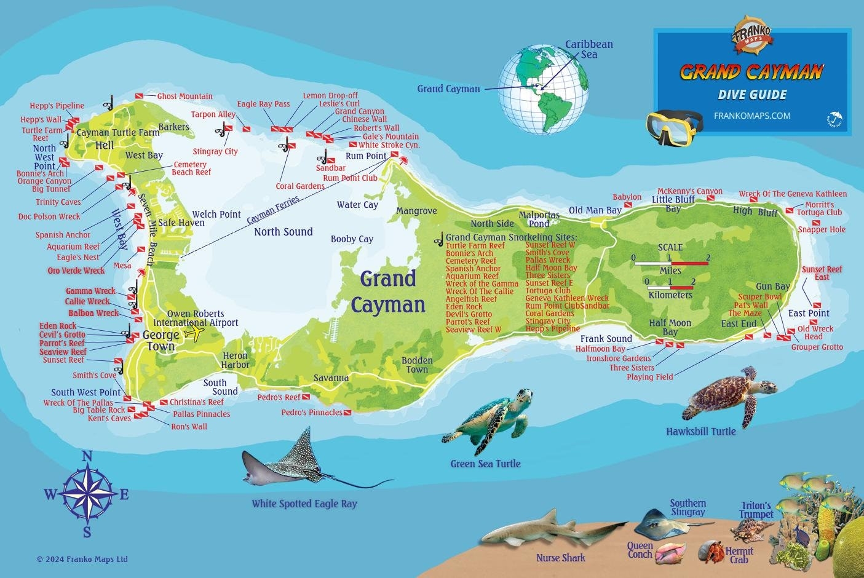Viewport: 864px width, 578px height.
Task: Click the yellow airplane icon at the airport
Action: [x=194, y=333]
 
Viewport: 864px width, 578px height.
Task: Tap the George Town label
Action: [x=161, y=341]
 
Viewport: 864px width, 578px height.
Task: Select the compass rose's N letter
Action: [x=87, y=456]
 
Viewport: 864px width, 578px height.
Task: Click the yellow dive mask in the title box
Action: [x=675, y=126]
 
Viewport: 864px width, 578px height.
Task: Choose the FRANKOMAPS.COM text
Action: [x=752, y=116]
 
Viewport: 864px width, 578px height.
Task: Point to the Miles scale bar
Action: [x=671, y=263]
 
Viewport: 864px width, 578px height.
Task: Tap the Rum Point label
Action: [x=366, y=156]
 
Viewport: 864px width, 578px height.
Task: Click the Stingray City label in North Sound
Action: [x=215, y=151]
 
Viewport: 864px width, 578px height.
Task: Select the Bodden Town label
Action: [x=417, y=365]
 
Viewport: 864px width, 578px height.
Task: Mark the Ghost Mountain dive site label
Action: [x=184, y=97]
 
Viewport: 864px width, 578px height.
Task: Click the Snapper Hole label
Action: [x=822, y=229]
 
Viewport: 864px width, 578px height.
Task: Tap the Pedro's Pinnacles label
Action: [x=312, y=413]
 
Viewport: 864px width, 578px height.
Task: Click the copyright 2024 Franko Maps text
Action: [x=82, y=559]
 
